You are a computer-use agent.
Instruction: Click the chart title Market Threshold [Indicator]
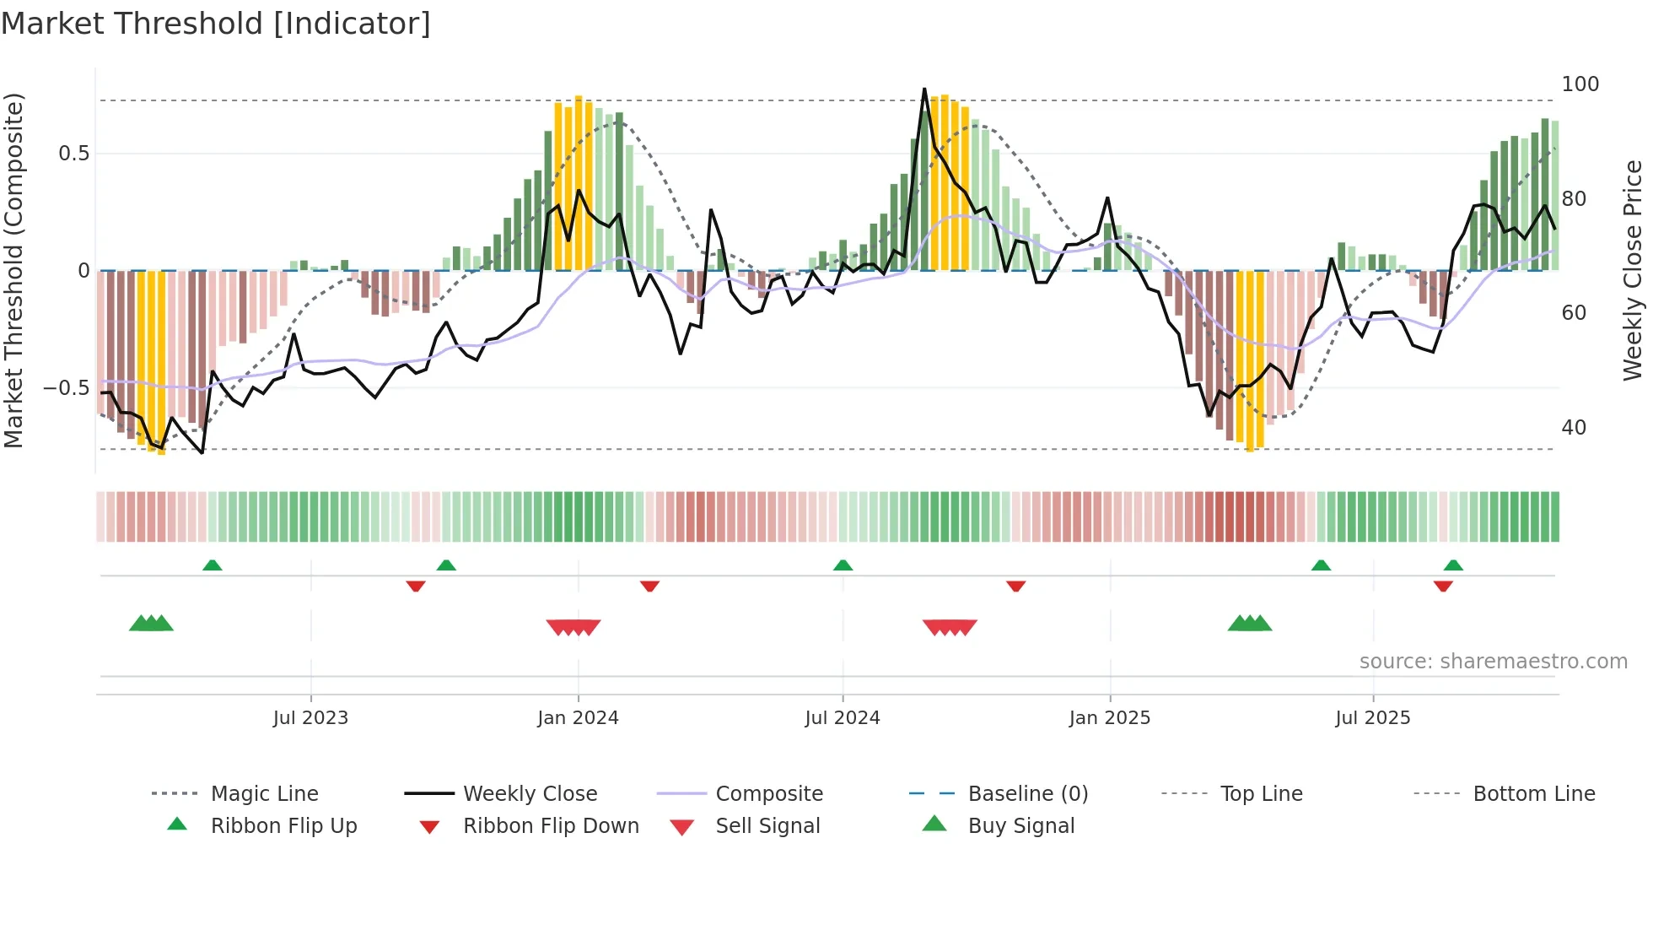[216, 24]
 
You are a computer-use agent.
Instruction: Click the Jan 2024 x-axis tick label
[578, 718]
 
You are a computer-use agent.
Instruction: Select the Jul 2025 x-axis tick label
[1372, 718]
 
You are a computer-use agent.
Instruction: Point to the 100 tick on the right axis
[1580, 84]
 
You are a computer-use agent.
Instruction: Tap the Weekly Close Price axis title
[1633, 270]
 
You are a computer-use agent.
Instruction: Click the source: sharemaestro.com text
[1493, 662]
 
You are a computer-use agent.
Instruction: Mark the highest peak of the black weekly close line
[924, 89]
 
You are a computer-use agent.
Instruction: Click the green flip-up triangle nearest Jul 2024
[843, 565]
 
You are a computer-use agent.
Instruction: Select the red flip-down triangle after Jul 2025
[1443, 586]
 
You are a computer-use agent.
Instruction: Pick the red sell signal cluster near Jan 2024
[573, 627]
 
